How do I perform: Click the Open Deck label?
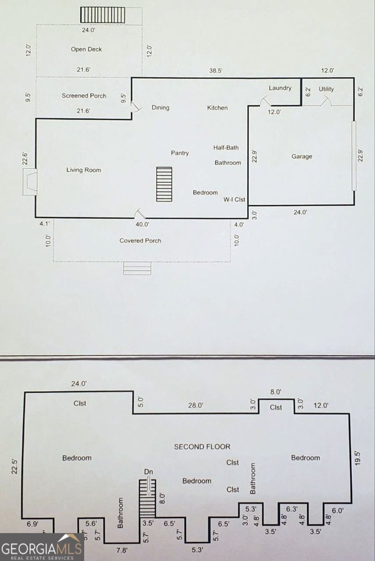(x=86, y=49)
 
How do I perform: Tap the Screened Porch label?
(x=84, y=95)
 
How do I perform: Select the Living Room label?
(x=84, y=170)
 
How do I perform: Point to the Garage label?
(x=302, y=157)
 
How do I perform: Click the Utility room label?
(x=326, y=89)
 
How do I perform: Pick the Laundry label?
(x=280, y=88)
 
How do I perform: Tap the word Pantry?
(x=180, y=153)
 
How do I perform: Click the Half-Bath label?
(x=226, y=148)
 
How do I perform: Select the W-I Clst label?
(x=234, y=199)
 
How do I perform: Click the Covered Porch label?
(x=140, y=240)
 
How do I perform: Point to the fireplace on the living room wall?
(x=30, y=182)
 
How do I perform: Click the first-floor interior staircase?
(x=164, y=184)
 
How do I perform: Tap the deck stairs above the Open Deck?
(x=103, y=15)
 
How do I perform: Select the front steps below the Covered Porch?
(x=137, y=268)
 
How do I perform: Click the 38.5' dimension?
(x=216, y=71)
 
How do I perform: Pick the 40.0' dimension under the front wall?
(x=142, y=224)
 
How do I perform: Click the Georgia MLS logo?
(x=42, y=547)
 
